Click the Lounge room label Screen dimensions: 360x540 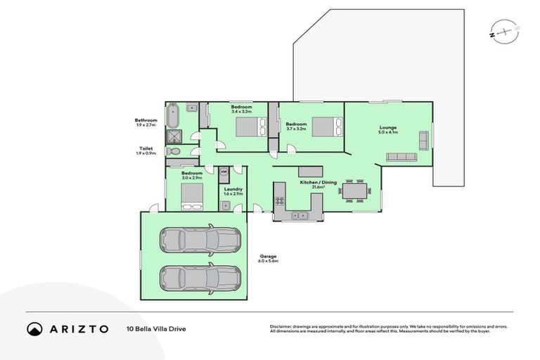[388, 129]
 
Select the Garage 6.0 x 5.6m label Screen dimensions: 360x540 [268, 259]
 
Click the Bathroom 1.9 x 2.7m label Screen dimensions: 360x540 [146, 122]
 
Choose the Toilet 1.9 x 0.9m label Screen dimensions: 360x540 [146, 150]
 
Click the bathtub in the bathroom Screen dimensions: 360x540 [173, 115]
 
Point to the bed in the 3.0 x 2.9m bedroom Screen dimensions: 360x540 [192, 196]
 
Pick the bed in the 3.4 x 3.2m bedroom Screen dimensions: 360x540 [250, 127]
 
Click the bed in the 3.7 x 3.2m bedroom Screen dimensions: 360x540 [327, 127]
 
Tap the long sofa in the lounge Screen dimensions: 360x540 [403, 157]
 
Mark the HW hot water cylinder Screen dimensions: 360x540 [224, 172]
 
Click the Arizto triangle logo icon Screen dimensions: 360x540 [34, 328]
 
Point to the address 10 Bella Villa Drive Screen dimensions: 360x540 [157, 328]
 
